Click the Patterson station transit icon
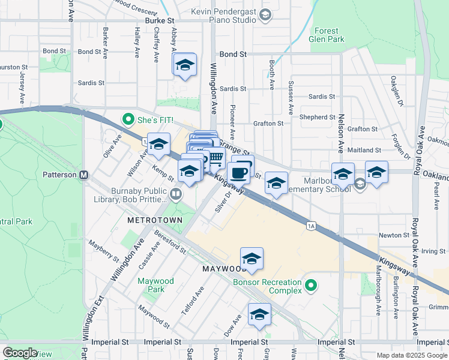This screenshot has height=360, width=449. [84, 175]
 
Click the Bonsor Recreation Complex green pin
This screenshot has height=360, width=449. [310, 284]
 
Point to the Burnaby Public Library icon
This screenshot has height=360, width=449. [175, 193]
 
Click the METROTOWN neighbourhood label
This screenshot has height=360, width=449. [151, 220]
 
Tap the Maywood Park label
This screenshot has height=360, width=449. [155, 285]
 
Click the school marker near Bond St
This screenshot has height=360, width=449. [185, 65]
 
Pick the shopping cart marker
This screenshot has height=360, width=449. [215, 158]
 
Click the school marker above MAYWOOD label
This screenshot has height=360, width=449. [252, 259]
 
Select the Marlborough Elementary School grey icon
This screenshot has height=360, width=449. [360, 183]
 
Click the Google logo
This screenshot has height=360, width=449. [20, 353]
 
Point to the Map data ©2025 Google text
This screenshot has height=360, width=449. [412, 355]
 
